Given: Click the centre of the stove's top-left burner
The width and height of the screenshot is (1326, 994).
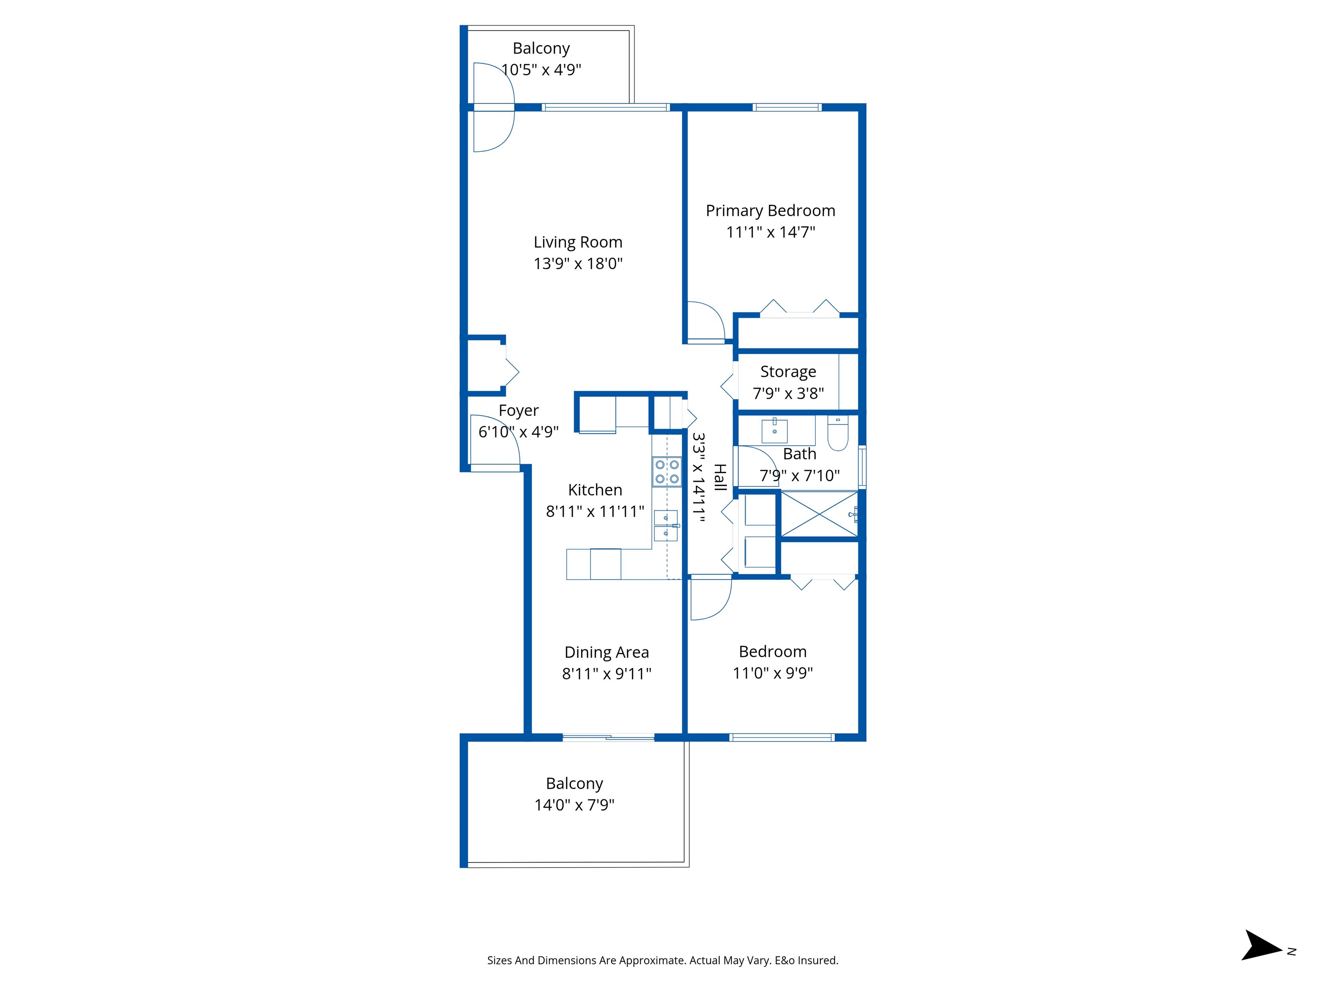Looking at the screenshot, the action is coord(660,464).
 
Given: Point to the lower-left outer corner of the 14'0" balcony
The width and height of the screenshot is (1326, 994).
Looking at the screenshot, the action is coord(461,867).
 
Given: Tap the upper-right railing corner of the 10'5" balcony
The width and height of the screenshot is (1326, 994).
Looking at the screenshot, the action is coord(634,26).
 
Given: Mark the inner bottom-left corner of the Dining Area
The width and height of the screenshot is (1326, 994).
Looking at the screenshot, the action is coord(532,733).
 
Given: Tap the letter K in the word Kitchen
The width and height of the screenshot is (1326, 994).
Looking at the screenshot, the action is coord(572,490).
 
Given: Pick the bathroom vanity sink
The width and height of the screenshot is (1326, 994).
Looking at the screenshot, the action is coord(774,430).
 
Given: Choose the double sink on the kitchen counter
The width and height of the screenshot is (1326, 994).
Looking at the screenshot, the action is coord(666,525).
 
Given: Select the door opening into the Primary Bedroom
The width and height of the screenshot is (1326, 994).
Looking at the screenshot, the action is coord(706,322).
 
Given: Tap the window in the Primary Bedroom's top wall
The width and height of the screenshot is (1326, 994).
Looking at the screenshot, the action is coord(787,107).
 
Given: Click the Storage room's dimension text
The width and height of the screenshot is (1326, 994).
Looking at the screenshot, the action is coord(788,393).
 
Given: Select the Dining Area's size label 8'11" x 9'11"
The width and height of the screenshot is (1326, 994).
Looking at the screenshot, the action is coord(606,673).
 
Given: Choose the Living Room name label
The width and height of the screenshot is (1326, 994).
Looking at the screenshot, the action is coord(578,242).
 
